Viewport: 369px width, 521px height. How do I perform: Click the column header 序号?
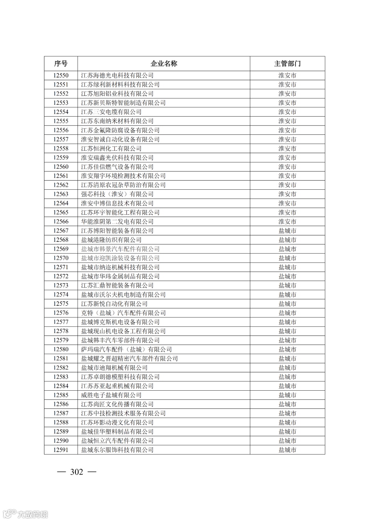tap(61, 63)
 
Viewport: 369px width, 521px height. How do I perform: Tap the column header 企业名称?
tap(164, 63)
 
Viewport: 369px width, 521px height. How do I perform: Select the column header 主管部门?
tap(287, 63)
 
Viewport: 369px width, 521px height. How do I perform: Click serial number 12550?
tap(61, 75)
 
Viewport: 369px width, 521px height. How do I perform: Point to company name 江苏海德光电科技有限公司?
tap(117, 75)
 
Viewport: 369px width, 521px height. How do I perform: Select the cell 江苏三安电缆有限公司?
tap(111, 112)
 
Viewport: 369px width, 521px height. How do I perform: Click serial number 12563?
tap(61, 194)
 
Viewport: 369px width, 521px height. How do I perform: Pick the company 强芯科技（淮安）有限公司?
tap(117, 194)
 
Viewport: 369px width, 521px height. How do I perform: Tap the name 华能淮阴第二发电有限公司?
tap(117, 221)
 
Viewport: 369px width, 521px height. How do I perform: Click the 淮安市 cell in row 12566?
tap(287, 221)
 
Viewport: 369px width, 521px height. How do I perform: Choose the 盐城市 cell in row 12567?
tap(287, 231)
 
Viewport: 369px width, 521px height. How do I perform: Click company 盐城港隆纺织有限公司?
tap(111, 240)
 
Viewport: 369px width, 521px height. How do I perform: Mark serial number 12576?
tap(61, 313)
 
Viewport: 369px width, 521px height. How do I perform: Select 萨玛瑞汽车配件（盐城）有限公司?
tap(126, 349)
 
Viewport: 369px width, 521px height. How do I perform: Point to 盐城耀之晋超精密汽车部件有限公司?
tap(129, 359)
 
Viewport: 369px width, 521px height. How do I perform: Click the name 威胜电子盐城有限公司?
tap(111, 395)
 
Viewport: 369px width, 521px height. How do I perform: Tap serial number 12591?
tap(61, 450)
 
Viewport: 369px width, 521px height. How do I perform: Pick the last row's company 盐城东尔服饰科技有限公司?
tap(117, 450)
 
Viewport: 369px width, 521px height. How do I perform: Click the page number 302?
tap(77, 472)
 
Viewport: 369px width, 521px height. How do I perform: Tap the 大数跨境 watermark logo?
tap(25, 514)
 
